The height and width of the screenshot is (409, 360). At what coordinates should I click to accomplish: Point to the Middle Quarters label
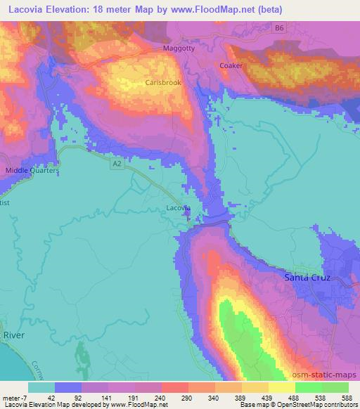32,170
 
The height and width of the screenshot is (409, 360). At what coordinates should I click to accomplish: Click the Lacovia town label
178,208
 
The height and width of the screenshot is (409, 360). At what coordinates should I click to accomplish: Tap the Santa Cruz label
308,278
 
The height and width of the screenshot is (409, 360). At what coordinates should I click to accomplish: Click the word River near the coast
13,335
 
